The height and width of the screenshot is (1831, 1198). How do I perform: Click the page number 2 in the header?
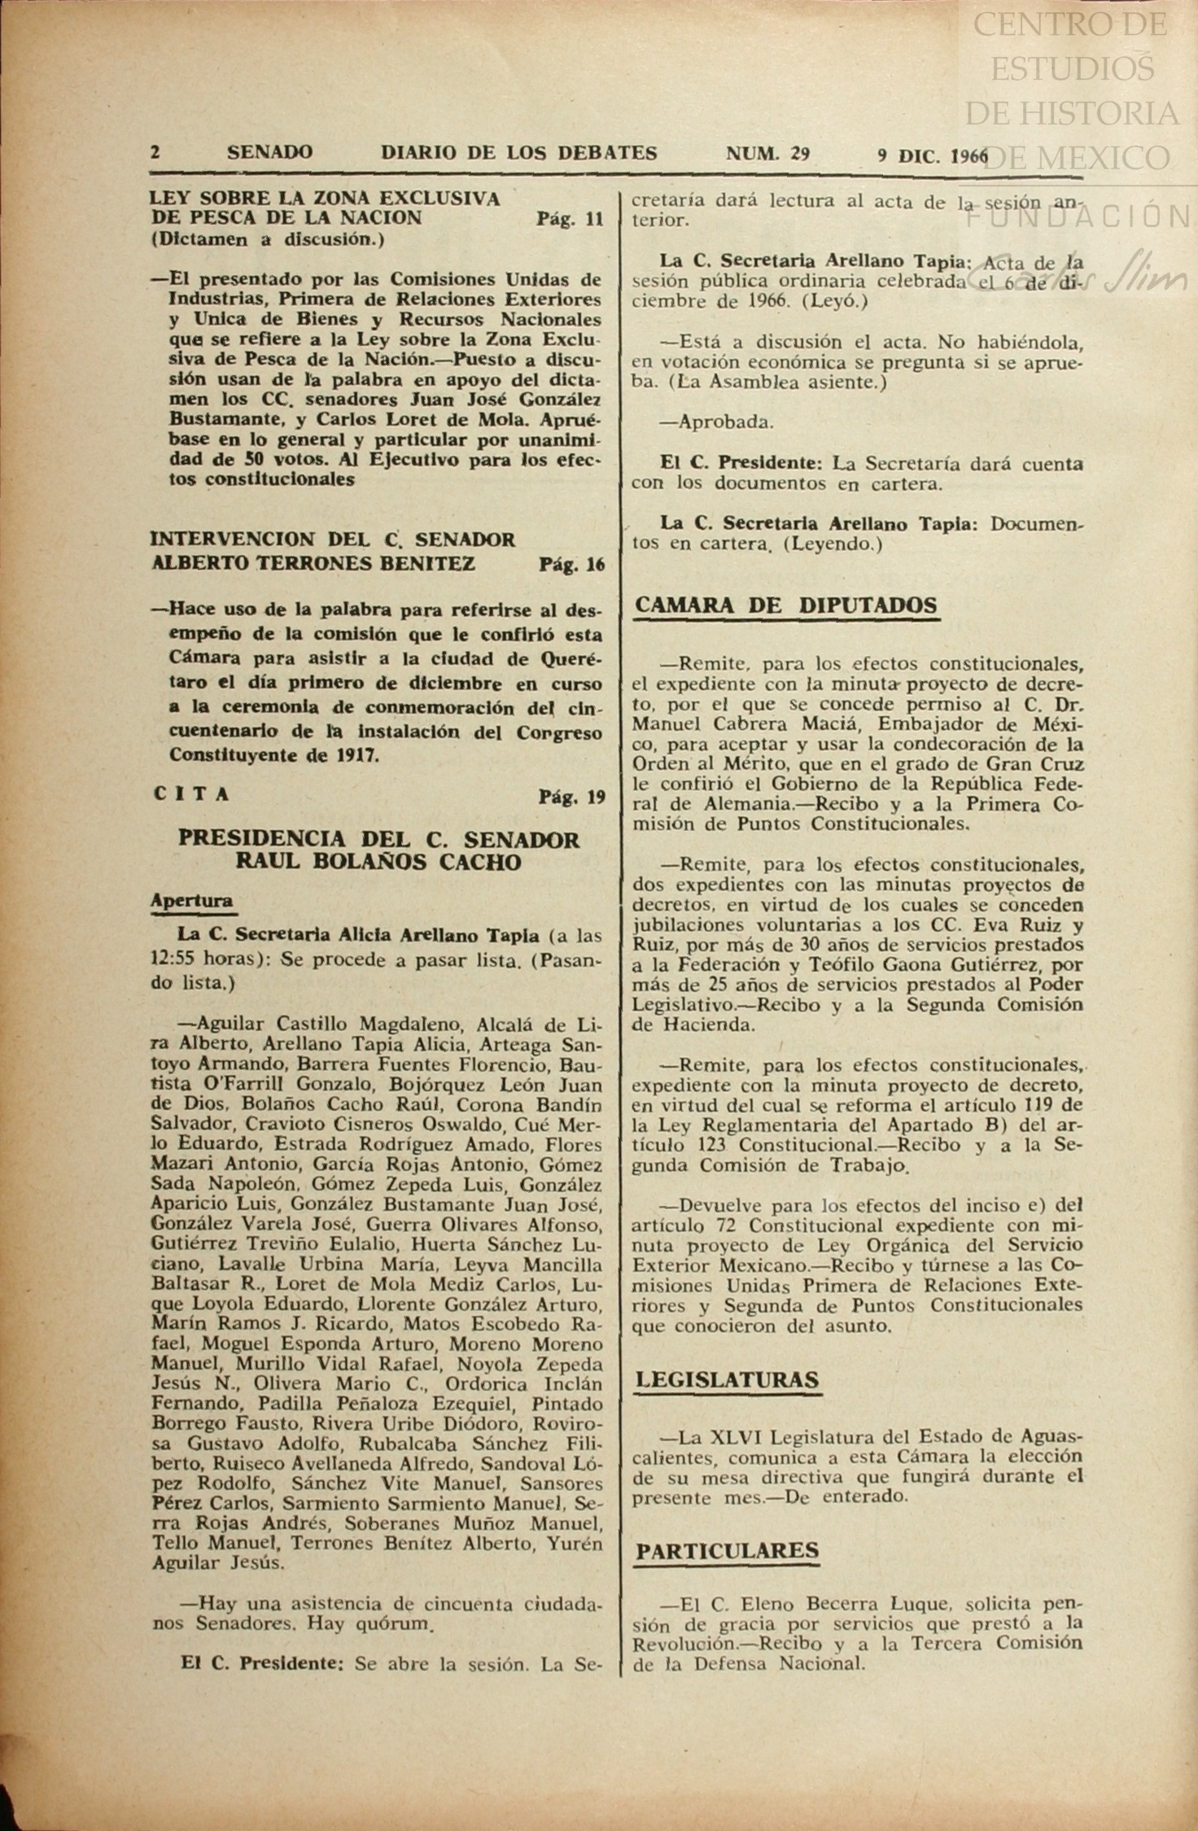pos(155,152)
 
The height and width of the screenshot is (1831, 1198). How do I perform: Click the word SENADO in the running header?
pos(269,152)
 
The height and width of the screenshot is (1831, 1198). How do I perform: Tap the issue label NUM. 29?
pos(767,153)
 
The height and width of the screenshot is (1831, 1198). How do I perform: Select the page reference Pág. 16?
pos(571,564)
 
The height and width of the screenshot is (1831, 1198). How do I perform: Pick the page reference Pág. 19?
pos(571,796)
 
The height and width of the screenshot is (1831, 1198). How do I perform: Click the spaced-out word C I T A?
pos(191,794)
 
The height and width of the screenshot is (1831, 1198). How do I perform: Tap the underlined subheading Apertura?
pos(192,900)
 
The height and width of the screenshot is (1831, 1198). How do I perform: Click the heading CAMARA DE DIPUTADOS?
pos(785,605)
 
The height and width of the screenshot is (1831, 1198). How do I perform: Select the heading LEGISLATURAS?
pos(727,1379)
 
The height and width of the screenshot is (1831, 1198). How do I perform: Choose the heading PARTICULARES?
pos(727,1550)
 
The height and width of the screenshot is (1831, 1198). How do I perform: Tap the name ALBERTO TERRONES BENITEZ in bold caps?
pos(313,563)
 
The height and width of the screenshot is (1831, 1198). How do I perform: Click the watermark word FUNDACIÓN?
pos(1078,216)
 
